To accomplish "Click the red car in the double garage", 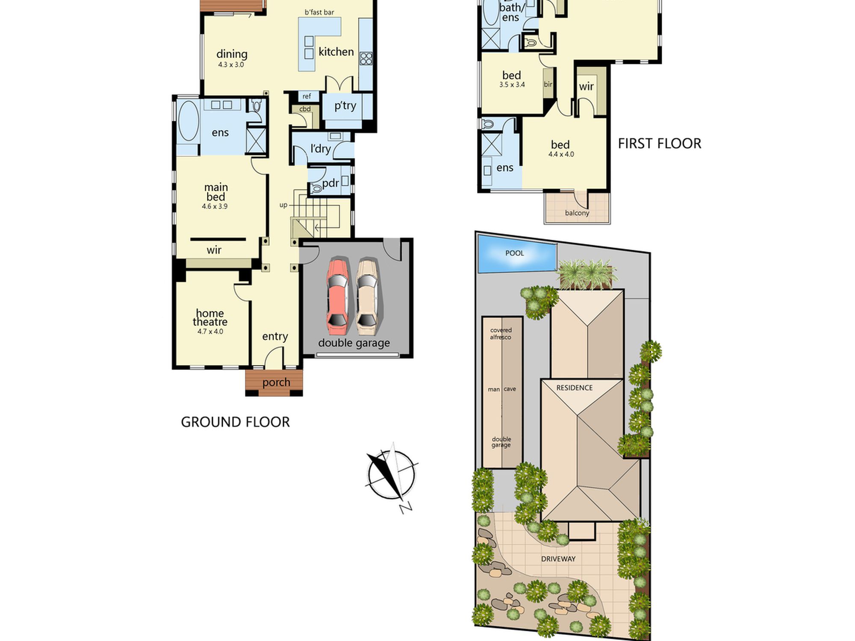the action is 337,297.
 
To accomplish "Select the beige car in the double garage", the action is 367,297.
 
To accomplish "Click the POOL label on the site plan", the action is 514,253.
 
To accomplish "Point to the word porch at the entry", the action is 276,382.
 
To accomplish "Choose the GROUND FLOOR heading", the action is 235,422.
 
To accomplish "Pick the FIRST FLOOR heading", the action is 660,144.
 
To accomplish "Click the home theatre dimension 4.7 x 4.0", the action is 210,332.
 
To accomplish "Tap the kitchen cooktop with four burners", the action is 366,59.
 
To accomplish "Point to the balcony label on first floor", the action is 577,213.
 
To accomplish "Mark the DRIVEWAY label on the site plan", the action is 558,559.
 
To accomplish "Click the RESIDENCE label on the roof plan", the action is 575,388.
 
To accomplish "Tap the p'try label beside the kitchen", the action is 345,106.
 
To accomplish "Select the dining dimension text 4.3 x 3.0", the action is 231,65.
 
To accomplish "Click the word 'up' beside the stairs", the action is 283,206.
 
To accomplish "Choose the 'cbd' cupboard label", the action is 305,109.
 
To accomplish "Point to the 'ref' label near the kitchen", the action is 307,97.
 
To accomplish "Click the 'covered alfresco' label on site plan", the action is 501,334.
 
